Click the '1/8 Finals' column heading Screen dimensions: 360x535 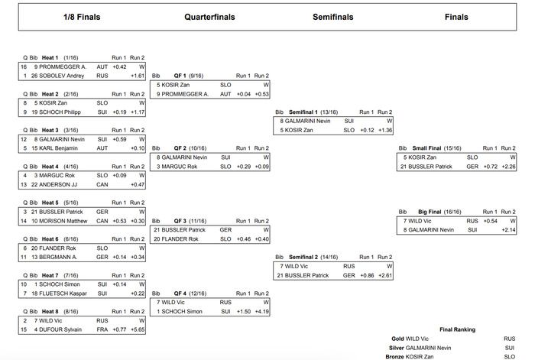81,17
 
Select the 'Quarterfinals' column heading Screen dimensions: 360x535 209,17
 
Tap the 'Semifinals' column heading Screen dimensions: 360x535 333,17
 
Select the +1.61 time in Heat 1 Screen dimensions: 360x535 138,76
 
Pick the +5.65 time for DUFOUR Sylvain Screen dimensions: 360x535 138,329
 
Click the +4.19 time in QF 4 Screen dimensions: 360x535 261,312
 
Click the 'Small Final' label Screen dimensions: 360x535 426,148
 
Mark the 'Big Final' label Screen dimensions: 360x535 423,211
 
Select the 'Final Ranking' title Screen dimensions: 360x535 458,329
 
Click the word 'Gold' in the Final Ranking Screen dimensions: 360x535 396,338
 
